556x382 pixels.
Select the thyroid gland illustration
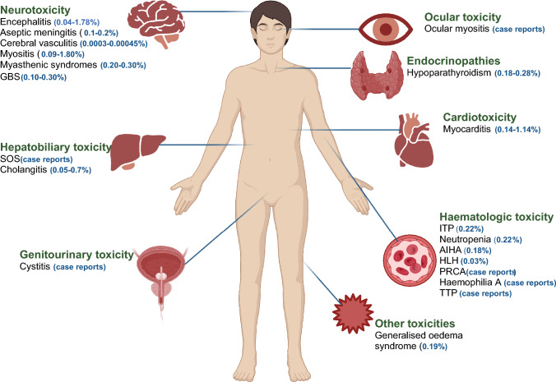[x=377, y=72]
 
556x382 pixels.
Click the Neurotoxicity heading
[x=35, y=7]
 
